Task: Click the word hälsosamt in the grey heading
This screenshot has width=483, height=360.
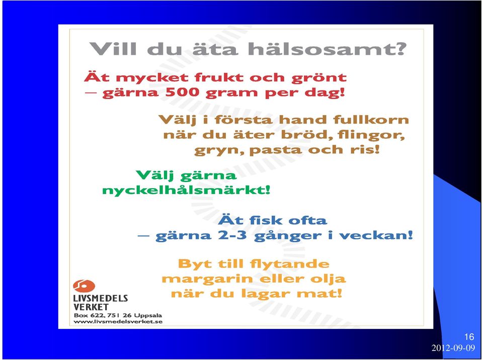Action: pos(327,49)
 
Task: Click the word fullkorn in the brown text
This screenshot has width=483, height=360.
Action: pos(371,119)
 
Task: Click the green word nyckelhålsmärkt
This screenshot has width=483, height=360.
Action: pos(186,190)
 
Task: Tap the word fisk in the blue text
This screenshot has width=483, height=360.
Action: pos(266,220)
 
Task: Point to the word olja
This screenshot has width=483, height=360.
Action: pos(328,279)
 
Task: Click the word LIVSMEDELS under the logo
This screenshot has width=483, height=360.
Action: pos(101,298)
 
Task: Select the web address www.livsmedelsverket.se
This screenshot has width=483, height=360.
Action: pos(118,322)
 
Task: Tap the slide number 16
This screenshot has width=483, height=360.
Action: pos(469,336)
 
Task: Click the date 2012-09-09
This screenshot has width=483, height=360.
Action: pos(453,348)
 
